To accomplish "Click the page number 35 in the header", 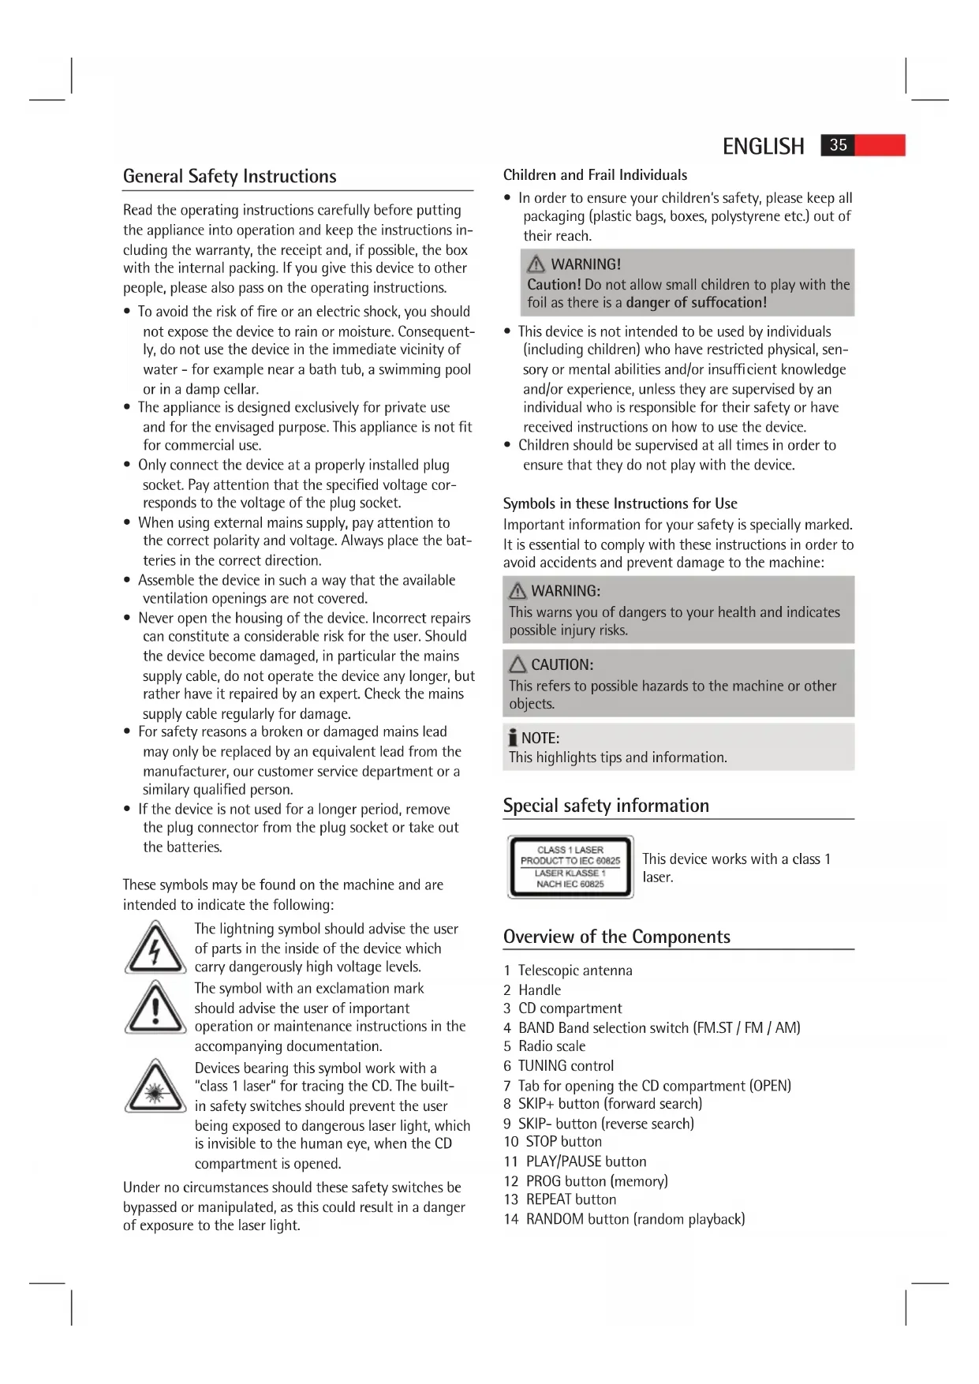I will (x=838, y=145).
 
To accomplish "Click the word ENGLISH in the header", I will (x=763, y=147).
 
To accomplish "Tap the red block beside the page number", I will (x=880, y=145).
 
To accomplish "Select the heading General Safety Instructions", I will (x=230, y=176).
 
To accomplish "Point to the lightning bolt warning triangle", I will (x=155, y=948).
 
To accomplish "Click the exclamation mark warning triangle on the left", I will (x=155, y=1008).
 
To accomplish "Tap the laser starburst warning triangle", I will (x=155, y=1087).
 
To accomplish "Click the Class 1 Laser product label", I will (x=570, y=866).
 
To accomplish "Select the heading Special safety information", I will (x=606, y=806).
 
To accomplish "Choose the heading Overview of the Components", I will (x=617, y=937).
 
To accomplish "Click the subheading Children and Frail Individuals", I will (x=595, y=175).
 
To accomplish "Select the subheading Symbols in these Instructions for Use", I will (x=620, y=503).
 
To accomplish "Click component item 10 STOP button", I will (x=553, y=1142).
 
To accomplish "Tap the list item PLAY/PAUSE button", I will (x=586, y=1161).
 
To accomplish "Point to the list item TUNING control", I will (x=566, y=1065).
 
